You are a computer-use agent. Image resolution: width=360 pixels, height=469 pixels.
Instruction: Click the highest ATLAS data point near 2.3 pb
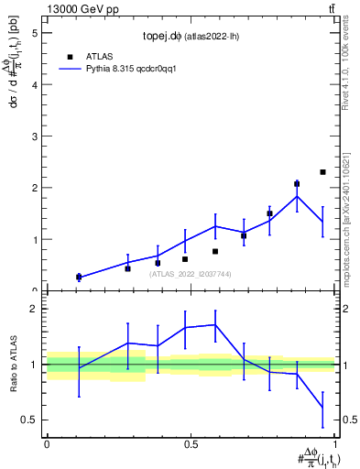[322, 172]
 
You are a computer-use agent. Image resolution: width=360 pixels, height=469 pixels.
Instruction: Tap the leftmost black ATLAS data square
[79, 277]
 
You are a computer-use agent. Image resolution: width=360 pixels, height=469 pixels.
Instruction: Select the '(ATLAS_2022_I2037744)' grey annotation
[191, 274]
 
